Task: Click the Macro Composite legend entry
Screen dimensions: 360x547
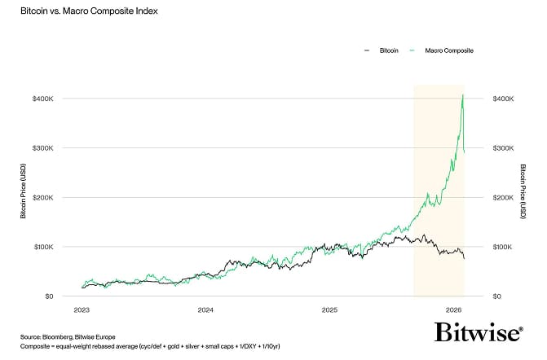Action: [444, 50]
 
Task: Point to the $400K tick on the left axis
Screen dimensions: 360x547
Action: [43, 99]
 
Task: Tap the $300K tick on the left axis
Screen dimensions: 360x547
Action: [43, 148]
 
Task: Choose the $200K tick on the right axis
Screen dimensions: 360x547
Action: [503, 198]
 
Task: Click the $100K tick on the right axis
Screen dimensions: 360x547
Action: [503, 247]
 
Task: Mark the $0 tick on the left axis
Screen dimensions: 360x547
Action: [50, 296]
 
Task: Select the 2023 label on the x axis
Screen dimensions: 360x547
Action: [82, 310]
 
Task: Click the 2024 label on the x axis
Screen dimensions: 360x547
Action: [205, 310]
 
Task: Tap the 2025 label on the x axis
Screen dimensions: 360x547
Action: [330, 310]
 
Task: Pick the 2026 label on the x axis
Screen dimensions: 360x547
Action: [454, 310]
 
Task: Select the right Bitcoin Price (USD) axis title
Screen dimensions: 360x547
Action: [523, 198]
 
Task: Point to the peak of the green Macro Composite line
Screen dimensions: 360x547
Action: [463, 94]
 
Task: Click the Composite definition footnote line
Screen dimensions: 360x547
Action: [151, 345]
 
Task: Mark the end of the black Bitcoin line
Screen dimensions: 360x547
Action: [465, 259]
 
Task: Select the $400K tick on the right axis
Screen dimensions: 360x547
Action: [503, 99]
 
